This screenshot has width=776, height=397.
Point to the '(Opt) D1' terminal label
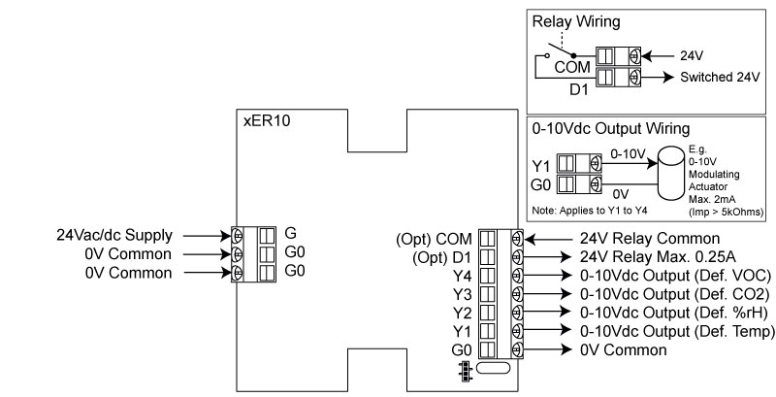point(437,256)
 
